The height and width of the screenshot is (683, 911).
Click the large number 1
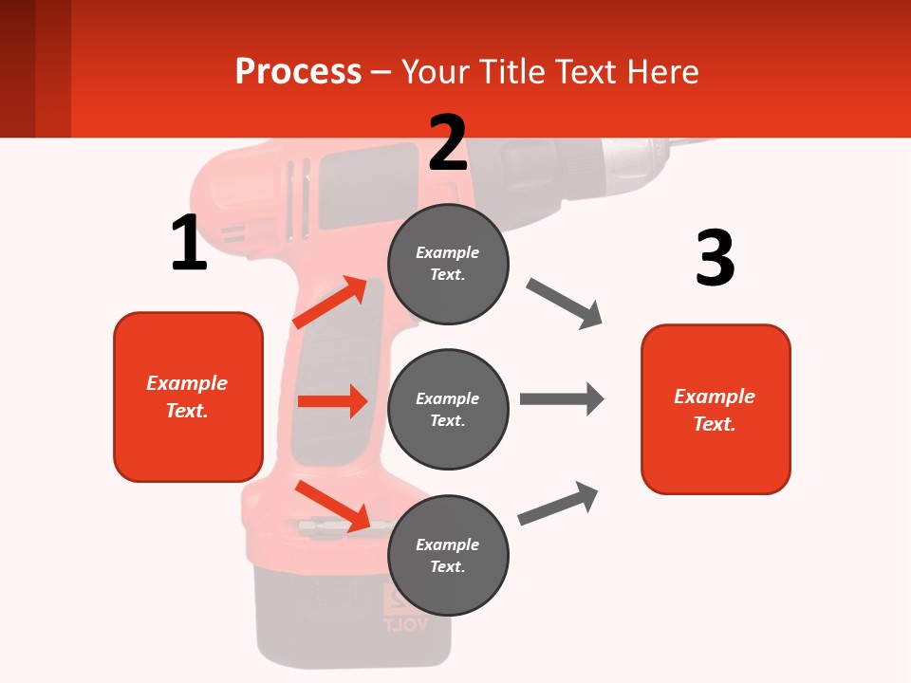(189, 243)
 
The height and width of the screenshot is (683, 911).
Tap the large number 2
(448, 143)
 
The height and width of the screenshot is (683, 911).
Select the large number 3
(715, 258)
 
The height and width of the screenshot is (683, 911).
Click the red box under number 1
(188, 397)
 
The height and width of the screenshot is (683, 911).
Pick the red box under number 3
(716, 409)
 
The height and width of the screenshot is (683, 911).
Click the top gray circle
(448, 264)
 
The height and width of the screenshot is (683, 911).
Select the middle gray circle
(448, 409)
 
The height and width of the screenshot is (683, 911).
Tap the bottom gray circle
(448, 555)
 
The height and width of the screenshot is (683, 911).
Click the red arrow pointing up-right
(330, 302)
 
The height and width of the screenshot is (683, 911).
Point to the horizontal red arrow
(332, 401)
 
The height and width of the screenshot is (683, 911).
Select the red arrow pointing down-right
(332, 506)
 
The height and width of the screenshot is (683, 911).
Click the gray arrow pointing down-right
(565, 304)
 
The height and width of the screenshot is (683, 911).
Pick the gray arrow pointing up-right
(558, 504)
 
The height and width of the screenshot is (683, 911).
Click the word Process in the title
(298, 71)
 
